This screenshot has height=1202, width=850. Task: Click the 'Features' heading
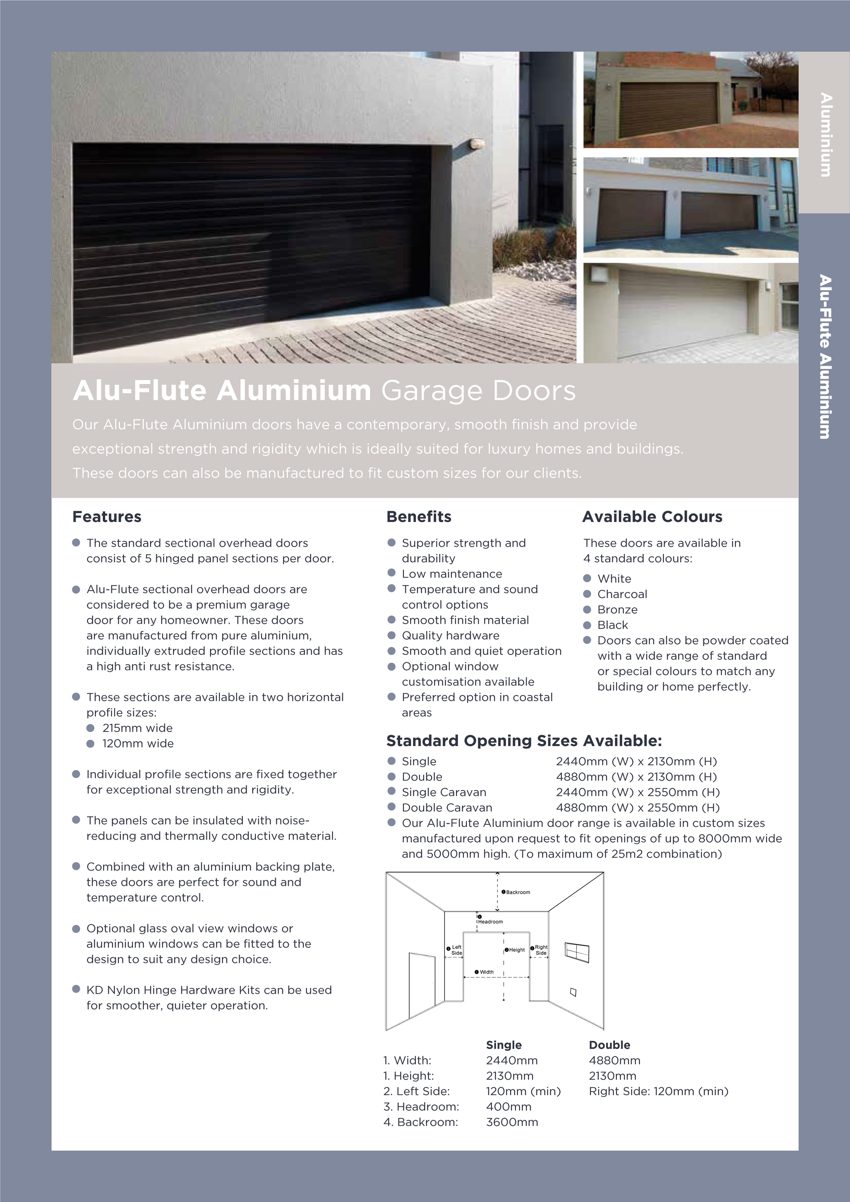point(107,517)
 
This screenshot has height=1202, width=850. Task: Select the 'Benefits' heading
point(418,517)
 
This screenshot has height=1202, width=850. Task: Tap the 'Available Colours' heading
point(652,517)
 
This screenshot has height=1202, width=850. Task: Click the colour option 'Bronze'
point(617,609)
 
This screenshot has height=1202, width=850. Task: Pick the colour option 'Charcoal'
point(622,594)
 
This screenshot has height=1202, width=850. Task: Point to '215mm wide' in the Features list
point(137,728)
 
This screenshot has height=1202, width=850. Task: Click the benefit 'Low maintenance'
point(452,574)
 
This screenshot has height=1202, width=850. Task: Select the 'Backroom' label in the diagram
point(517,892)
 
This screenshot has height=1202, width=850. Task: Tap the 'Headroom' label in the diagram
point(490,921)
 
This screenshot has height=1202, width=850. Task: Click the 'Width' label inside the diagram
point(486,972)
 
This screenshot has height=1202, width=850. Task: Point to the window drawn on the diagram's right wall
point(577,952)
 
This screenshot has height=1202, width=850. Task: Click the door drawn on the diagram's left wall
point(422,982)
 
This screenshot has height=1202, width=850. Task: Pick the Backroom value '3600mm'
point(512,1122)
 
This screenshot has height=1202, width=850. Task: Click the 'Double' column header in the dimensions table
point(609,1045)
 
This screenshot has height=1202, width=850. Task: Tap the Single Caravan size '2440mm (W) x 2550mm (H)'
point(637,792)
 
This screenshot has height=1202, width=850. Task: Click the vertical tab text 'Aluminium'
point(826,135)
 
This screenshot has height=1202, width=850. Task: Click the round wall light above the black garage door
point(477,144)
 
